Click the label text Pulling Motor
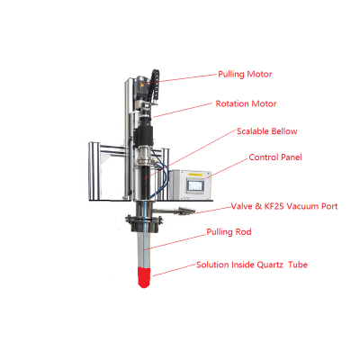click(x=245, y=74)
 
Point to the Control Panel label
click(x=275, y=157)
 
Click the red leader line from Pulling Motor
click(x=184, y=78)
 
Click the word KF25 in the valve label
click(x=270, y=205)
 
